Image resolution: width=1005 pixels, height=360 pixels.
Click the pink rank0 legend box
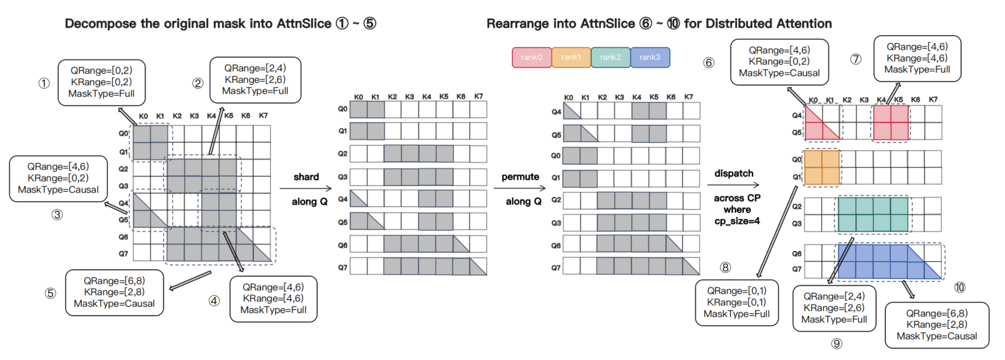click(x=531, y=57)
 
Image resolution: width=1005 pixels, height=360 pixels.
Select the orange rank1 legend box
click(x=571, y=57)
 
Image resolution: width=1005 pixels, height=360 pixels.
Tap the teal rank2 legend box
click(x=610, y=57)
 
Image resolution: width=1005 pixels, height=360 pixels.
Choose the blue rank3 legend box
click(x=650, y=57)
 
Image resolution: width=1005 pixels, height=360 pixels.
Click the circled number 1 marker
click(x=44, y=83)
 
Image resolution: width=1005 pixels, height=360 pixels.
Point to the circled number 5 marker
click(x=50, y=293)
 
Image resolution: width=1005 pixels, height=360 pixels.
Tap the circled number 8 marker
click(x=725, y=267)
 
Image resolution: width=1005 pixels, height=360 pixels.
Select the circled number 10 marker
click(x=959, y=287)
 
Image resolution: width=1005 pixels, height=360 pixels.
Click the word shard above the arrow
click(x=306, y=177)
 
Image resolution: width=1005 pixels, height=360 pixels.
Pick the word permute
click(x=520, y=177)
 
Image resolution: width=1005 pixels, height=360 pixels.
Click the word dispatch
click(x=734, y=173)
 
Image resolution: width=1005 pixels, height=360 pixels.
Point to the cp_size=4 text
click(x=737, y=221)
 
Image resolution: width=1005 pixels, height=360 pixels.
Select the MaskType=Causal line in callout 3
click(x=58, y=189)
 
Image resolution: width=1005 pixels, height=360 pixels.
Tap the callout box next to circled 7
click(x=917, y=58)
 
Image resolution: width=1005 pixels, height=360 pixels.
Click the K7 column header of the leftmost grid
click(x=263, y=116)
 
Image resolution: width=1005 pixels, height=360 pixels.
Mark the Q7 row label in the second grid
click(x=342, y=267)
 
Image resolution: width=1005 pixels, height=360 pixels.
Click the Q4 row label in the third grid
click(x=556, y=111)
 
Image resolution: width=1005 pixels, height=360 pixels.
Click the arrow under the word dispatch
click(x=733, y=185)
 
